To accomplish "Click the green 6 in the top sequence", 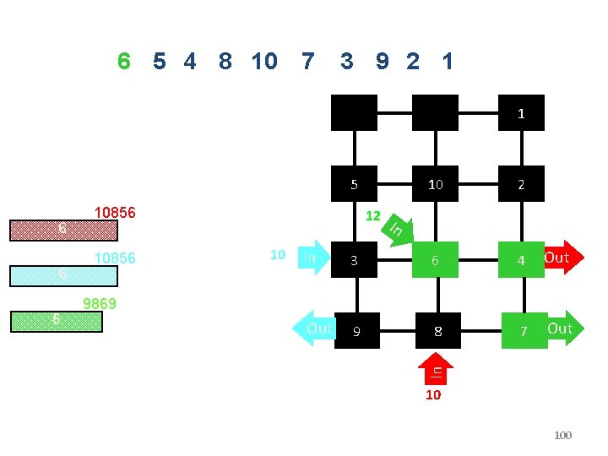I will point(124,61).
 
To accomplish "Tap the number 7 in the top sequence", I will point(307,61).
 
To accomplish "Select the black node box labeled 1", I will point(521,112).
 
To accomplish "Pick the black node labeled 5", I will point(355,184).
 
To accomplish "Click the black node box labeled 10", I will point(435,184).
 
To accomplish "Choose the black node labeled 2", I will point(521,184).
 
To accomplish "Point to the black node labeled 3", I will point(355,260).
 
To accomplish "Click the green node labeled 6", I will point(435,260).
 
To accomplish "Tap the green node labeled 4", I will point(521,260).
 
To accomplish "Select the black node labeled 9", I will point(356,331).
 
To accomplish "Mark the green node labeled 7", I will point(524,331).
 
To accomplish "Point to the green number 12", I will point(373,215).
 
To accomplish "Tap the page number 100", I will point(562,435).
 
